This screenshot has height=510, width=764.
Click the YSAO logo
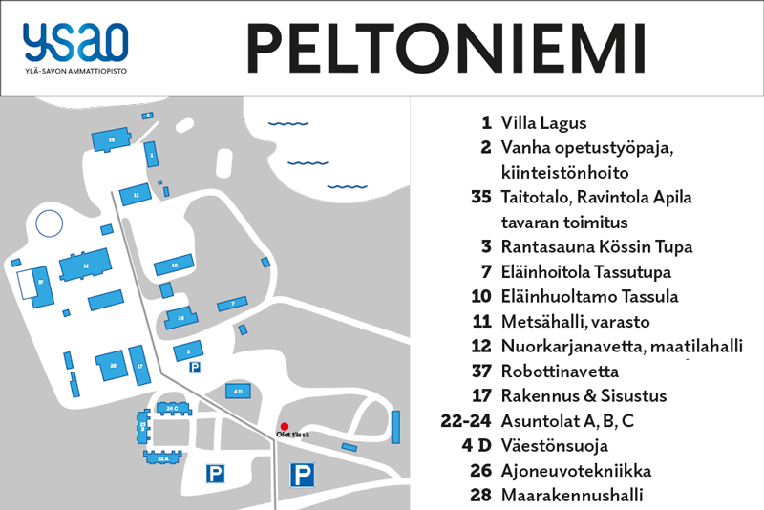click(76, 46)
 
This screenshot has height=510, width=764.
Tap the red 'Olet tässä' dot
click(284, 426)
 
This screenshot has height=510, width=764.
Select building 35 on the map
click(112, 139)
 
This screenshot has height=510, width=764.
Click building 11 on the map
click(137, 194)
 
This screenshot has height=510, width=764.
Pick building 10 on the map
click(174, 264)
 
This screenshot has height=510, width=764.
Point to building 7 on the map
click(232, 304)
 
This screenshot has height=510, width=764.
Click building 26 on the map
click(180, 316)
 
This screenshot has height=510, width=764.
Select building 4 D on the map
click(238, 391)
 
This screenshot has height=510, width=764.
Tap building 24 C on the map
click(173, 408)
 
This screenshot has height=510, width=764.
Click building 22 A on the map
click(163, 458)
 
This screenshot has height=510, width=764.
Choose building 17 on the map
click(140, 366)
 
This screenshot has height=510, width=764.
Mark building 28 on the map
click(113, 365)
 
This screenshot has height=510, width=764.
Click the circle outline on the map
click(50, 224)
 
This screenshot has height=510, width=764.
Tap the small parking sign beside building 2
click(195, 367)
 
